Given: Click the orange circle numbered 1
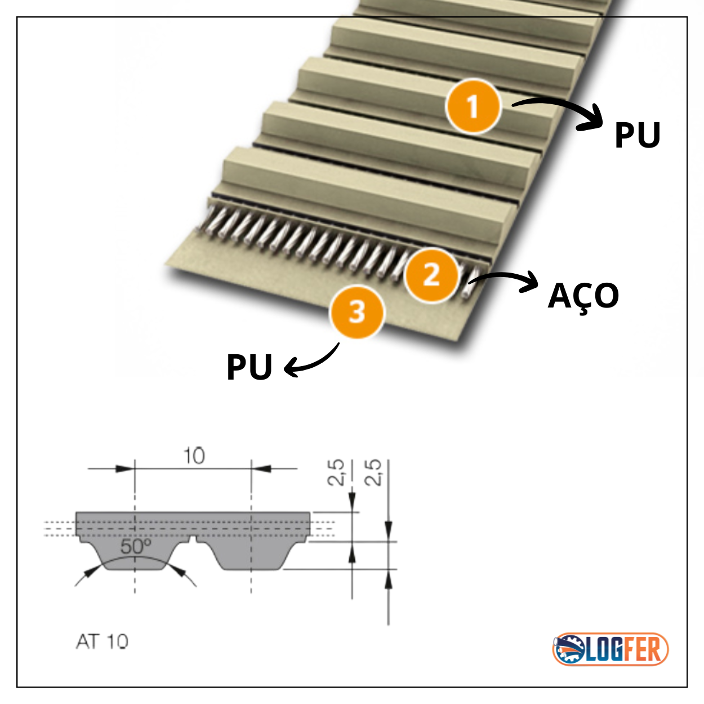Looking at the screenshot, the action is pos(473,106).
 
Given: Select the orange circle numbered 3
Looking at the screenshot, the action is pos(357,311).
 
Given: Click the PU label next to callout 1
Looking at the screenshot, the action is pos(637,136).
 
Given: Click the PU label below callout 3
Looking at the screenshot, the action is pos(249,367).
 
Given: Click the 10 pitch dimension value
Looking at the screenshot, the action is pos(194,456).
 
